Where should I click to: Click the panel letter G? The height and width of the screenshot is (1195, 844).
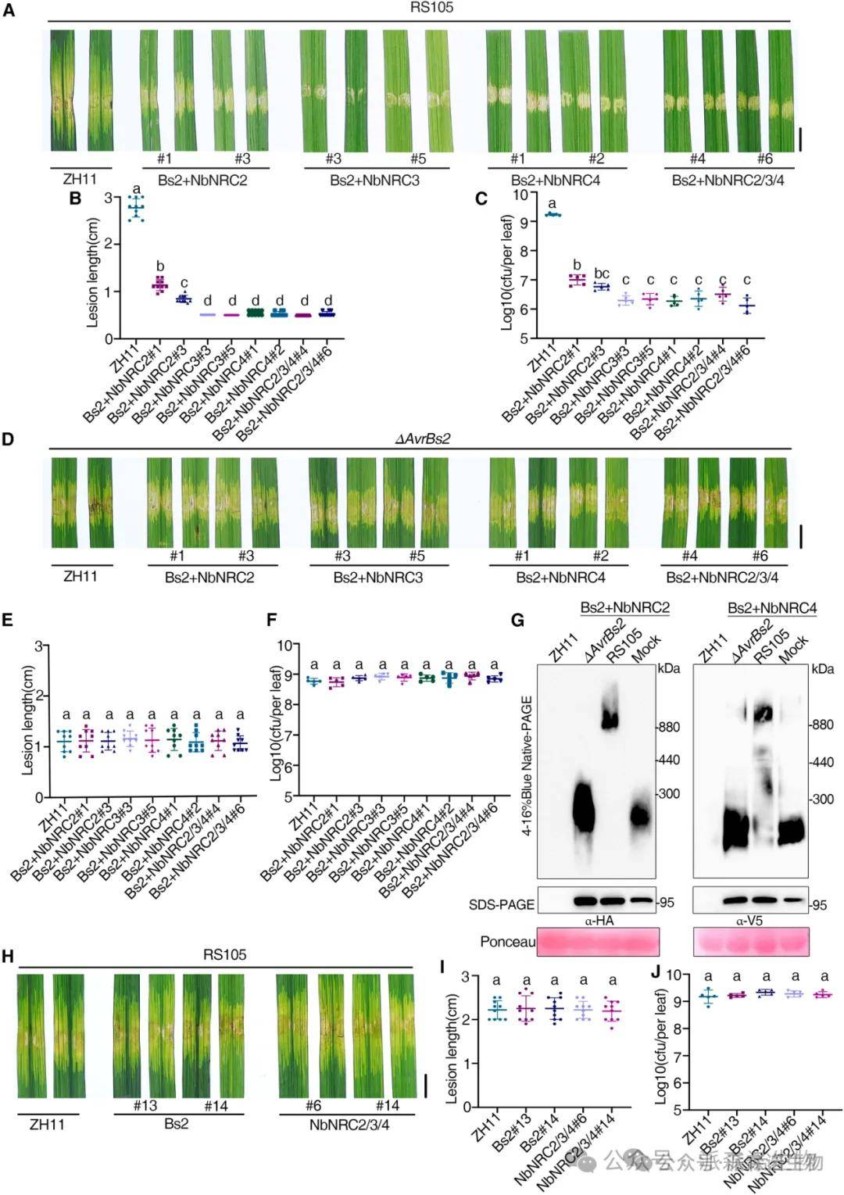click(517, 620)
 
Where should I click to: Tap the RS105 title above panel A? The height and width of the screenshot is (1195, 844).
click(431, 8)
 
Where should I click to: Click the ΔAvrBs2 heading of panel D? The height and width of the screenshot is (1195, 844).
click(422, 438)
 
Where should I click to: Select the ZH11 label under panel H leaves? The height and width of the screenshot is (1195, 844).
click(47, 1125)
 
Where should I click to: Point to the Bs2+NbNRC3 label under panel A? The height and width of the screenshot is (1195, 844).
click(374, 180)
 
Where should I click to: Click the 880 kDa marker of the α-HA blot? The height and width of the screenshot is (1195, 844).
click(668, 727)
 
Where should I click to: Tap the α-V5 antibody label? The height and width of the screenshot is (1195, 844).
click(749, 921)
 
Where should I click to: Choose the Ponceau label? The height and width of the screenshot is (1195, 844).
click(507, 942)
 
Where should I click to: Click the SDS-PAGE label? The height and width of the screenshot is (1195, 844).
click(501, 904)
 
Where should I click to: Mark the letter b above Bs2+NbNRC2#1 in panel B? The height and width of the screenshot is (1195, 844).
click(160, 266)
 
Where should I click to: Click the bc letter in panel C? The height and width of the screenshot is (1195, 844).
click(601, 273)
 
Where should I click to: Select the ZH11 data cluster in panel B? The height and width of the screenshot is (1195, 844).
click(137, 208)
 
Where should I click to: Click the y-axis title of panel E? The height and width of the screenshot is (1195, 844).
click(29, 720)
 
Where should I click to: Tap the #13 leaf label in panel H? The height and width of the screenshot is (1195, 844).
click(145, 1105)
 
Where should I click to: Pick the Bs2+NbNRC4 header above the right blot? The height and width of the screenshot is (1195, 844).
click(771, 608)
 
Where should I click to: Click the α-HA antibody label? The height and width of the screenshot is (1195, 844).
click(599, 921)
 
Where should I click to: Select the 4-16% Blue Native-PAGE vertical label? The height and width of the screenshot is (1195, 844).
click(527, 765)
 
